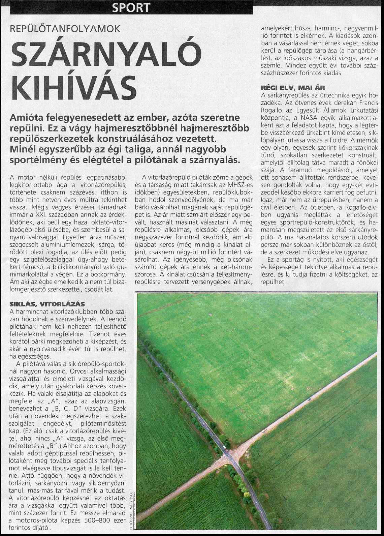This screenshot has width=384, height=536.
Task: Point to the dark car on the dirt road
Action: tap(309, 399)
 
